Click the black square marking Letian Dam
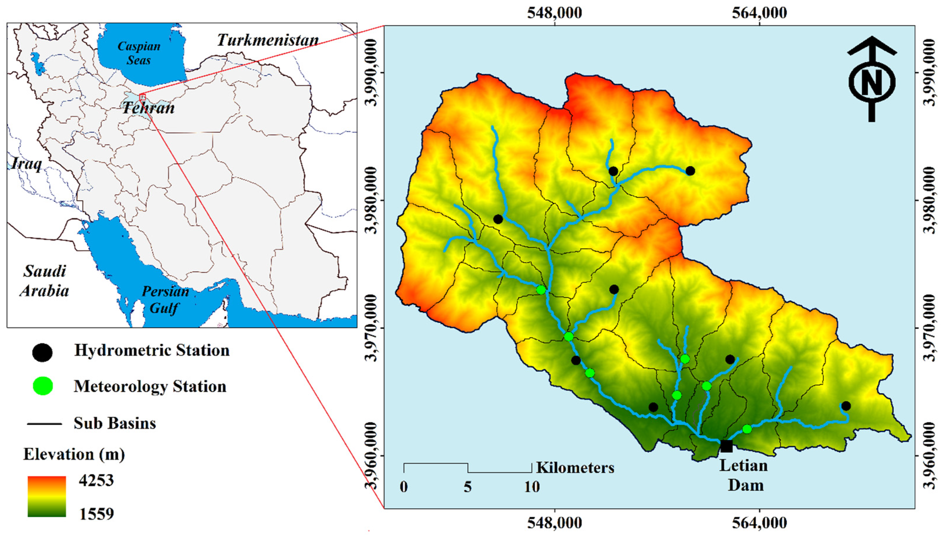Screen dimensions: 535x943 click(x=726, y=446)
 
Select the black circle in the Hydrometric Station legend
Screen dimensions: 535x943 click(x=42, y=353)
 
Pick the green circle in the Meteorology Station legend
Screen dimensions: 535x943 click(x=43, y=386)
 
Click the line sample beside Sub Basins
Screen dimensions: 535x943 click(x=44, y=424)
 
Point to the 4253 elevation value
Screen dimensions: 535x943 click(x=96, y=480)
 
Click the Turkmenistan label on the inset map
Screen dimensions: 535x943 click(x=268, y=40)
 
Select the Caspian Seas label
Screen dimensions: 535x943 click(x=139, y=53)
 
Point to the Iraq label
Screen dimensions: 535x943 click(x=26, y=163)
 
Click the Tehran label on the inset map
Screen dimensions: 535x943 click(x=149, y=108)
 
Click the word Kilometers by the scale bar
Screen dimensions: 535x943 click(x=575, y=468)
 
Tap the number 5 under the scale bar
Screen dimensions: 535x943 click(x=467, y=487)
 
